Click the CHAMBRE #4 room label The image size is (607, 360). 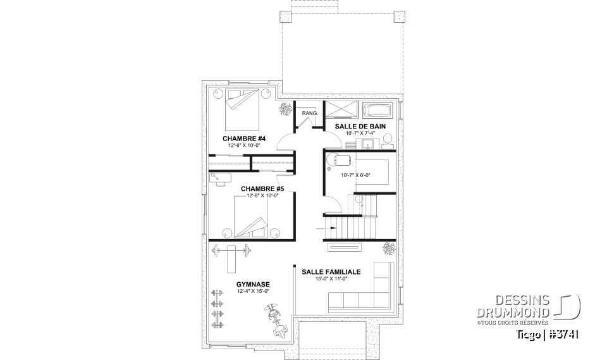pos(243,139)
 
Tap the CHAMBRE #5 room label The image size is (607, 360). pos(262,189)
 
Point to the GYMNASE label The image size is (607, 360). pos(253,285)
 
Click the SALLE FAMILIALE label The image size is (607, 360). pos(331,271)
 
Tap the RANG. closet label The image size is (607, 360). pos(309,113)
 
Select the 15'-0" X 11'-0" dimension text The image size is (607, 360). pos(331,278)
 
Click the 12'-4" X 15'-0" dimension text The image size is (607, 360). pos(253,291)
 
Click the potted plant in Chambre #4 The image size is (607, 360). pos(285,110)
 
